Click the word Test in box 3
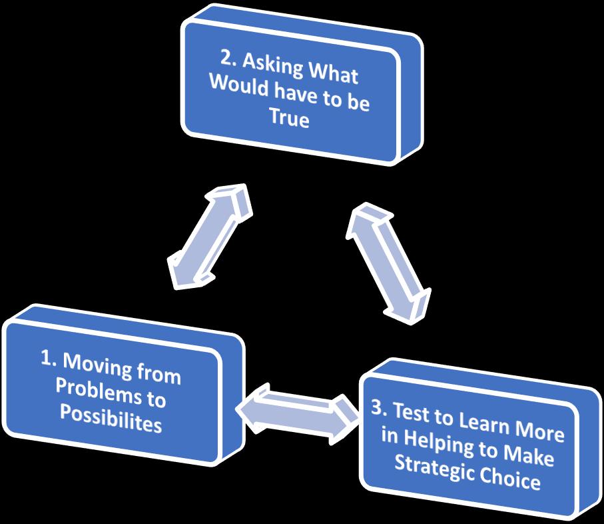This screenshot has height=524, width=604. (x=410, y=413)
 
